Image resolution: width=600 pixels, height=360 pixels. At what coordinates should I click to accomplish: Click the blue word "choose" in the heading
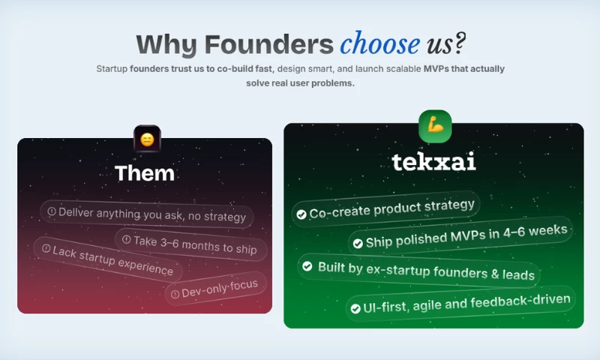coord(380,43)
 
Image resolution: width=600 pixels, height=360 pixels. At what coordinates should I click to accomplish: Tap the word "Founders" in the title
coord(269,44)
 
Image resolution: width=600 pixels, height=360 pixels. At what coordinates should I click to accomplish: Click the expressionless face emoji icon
coord(147,139)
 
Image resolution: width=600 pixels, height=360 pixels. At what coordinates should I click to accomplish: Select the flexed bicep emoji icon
coord(435,126)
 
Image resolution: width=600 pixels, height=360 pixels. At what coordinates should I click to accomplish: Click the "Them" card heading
coord(145,173)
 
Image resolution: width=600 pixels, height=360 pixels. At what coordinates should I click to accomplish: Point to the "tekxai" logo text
coord(434,161)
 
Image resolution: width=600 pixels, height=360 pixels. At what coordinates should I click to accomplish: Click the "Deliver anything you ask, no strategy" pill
coord(146,214)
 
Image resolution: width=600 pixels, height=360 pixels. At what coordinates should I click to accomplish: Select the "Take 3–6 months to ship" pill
coord(190,244)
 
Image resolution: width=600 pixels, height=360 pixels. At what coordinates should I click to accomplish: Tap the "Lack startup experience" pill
coord(107,259)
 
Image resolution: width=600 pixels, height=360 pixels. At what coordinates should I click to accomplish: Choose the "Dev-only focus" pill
coord(216,289)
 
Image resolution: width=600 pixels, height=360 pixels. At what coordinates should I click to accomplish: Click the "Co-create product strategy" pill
coord(386,209)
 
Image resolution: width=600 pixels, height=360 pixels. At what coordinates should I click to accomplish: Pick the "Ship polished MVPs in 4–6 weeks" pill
coord(460,236)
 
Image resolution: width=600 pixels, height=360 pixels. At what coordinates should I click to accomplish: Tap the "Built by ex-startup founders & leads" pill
coord(418,271)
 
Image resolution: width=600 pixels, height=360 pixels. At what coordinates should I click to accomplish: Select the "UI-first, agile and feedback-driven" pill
coord(460,304)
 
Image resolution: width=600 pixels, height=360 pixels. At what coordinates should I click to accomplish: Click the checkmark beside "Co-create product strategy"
coord(301,214)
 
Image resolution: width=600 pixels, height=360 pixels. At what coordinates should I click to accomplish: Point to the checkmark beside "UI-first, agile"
coord(355,309)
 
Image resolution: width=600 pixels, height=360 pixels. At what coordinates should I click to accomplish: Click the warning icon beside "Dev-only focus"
coord(175,294)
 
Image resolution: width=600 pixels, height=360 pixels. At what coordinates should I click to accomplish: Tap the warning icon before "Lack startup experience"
coord(46,249)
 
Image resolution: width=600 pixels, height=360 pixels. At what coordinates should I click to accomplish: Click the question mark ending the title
coord(460,43)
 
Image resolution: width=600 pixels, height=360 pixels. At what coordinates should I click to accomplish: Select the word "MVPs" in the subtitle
coord(436,69)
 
